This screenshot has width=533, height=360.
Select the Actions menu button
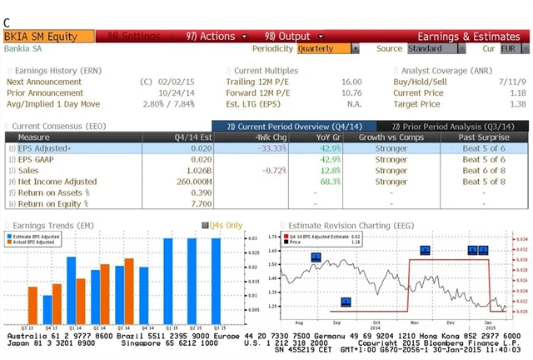[x=212, y=37]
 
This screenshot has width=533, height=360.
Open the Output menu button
[x=287, y=37]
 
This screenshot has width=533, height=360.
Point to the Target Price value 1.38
[x=517, y=104]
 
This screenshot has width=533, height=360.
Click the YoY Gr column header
[x=330, y=137]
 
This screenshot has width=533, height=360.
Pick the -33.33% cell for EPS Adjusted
[x=271, y=147]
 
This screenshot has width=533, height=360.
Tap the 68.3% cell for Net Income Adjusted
[x=331, y=181]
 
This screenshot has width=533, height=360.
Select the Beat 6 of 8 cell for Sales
[x=484, y=170]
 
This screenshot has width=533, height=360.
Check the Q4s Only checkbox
[x=207, y=225]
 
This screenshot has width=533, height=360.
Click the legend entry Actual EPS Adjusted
[x=37, y=242]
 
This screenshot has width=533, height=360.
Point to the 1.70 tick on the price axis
[x=272, y=237]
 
